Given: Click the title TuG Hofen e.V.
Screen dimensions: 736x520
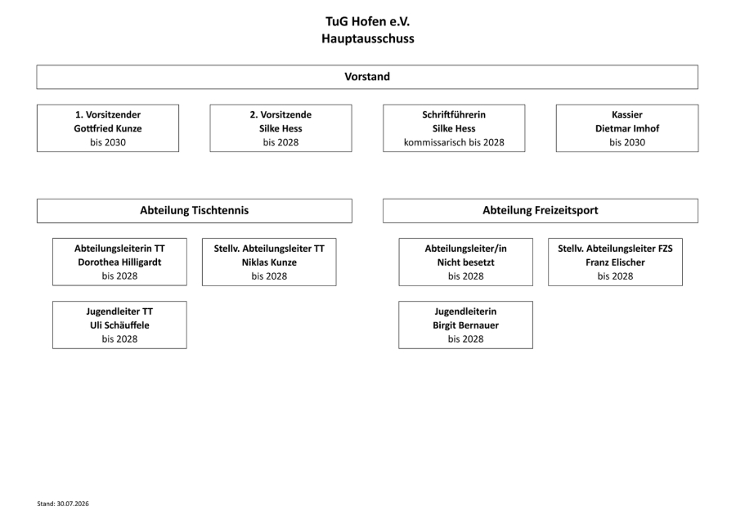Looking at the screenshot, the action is coord(367,21).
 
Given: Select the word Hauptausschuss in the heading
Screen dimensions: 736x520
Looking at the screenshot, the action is coord(367,38).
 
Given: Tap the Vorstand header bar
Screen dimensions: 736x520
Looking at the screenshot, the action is coord(367,77).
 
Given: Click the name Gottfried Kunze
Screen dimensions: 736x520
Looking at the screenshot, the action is coord(107,128).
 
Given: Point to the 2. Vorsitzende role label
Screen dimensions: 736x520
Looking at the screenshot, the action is coord(280,114).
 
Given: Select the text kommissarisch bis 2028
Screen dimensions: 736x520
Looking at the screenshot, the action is coord(454,142).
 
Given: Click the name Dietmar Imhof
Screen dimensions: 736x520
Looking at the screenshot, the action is coord(627,128).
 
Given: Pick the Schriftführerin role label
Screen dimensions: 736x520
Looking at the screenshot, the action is coord(454,114).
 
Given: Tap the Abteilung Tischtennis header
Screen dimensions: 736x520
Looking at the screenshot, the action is coord(195,211).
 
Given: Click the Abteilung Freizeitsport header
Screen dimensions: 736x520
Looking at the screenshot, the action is coord(541,211).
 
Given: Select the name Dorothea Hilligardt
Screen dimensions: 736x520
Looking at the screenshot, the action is coord(119,262).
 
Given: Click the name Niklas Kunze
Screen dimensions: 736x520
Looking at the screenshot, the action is coord(269,262).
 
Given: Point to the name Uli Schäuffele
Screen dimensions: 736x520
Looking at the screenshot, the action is coord(119,325).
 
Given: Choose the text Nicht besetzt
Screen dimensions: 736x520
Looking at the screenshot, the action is coord(465,262).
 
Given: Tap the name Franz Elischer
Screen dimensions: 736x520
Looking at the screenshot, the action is coord(615,262).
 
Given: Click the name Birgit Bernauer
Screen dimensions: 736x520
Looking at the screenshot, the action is coord(465,325).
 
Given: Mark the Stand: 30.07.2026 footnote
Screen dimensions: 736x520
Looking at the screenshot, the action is coord(63,504).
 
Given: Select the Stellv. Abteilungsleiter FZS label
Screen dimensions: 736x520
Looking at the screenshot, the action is coord(615,249).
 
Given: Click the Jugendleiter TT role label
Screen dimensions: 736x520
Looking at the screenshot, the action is coord(119,312).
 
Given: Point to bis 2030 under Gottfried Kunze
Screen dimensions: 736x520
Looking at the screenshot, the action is coord(107,142).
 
